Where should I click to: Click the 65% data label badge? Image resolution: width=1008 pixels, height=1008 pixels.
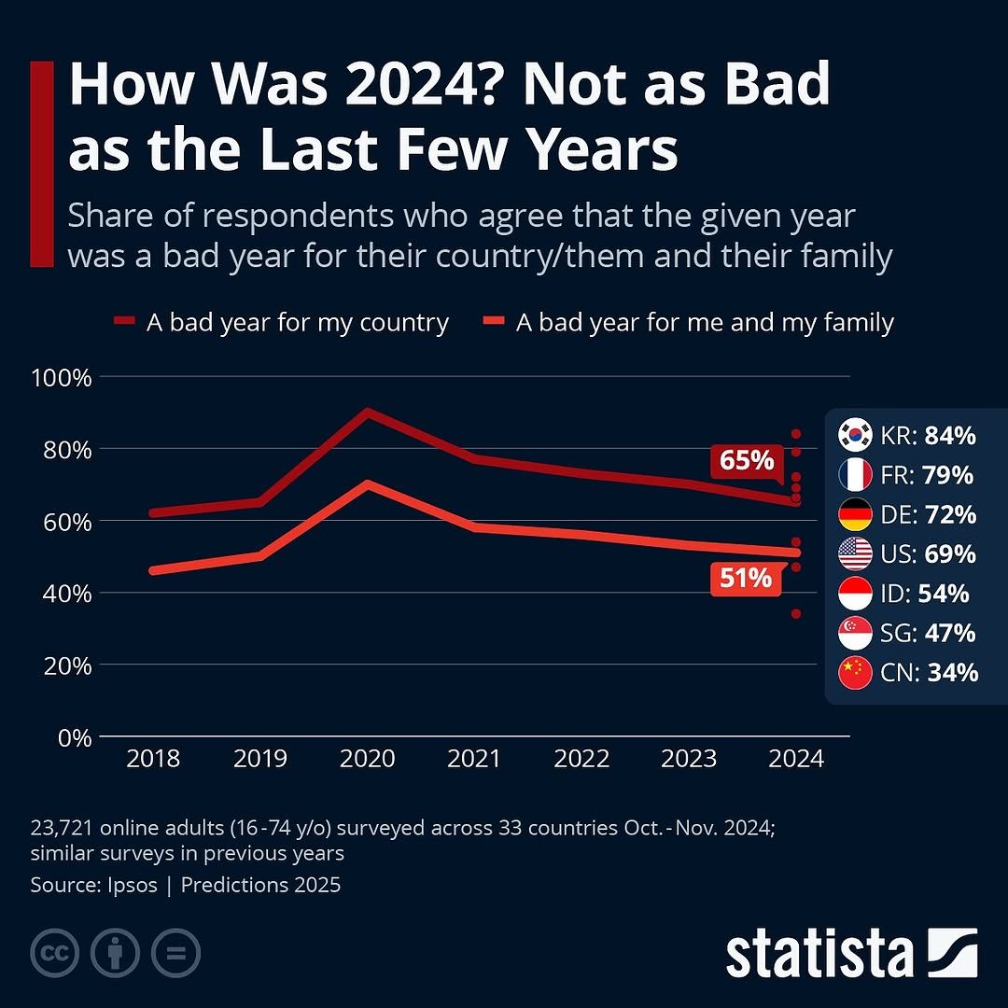(747, 461)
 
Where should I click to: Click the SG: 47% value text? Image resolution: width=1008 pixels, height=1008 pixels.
(928, 633)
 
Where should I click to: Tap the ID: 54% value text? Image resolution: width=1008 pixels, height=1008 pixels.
(928, 594)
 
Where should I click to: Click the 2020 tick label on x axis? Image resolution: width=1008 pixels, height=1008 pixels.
(368, 758)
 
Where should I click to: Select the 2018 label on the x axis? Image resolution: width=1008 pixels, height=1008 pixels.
(153, 758)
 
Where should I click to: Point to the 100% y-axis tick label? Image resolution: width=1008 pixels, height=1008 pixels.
(62, 378)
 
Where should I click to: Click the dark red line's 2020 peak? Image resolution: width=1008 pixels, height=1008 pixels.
(368, 412)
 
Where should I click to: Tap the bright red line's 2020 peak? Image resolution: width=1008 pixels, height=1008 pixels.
(368, 484)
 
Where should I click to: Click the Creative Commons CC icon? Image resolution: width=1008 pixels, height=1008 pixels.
(54, 953)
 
